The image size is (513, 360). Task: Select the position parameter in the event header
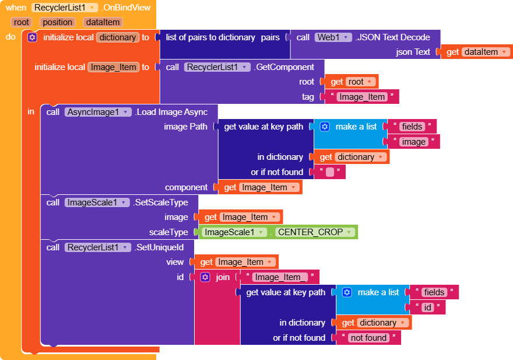click(58, 22)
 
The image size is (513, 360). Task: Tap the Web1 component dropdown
click(333, 37)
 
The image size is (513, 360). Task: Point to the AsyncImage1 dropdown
click(98, 112)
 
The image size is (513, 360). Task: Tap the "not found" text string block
click(368, 338)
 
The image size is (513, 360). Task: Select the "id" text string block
click(427, 307)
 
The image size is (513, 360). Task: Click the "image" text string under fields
click(413, 142)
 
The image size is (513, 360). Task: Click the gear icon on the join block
click(205, 277)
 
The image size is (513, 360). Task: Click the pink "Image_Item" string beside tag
click(361, 97)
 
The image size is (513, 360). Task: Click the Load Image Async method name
click(175, 112)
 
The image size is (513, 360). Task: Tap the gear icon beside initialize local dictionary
click(32, 37)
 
